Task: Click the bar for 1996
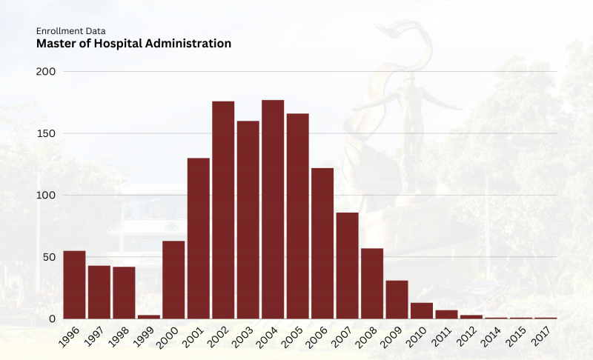[x=74, y=285]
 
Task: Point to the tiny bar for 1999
[x=149, y=317]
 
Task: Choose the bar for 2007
[x=347, y=266]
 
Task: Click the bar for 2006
[x=322, y=244]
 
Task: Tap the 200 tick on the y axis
[x=47, y=72]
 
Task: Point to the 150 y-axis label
[x=47, y=133]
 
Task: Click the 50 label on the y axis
[x=50, y=257]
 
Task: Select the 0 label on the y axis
[x=53, y=319]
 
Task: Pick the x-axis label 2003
[x=246, y=339]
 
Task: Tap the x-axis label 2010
[x=420, y=339]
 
